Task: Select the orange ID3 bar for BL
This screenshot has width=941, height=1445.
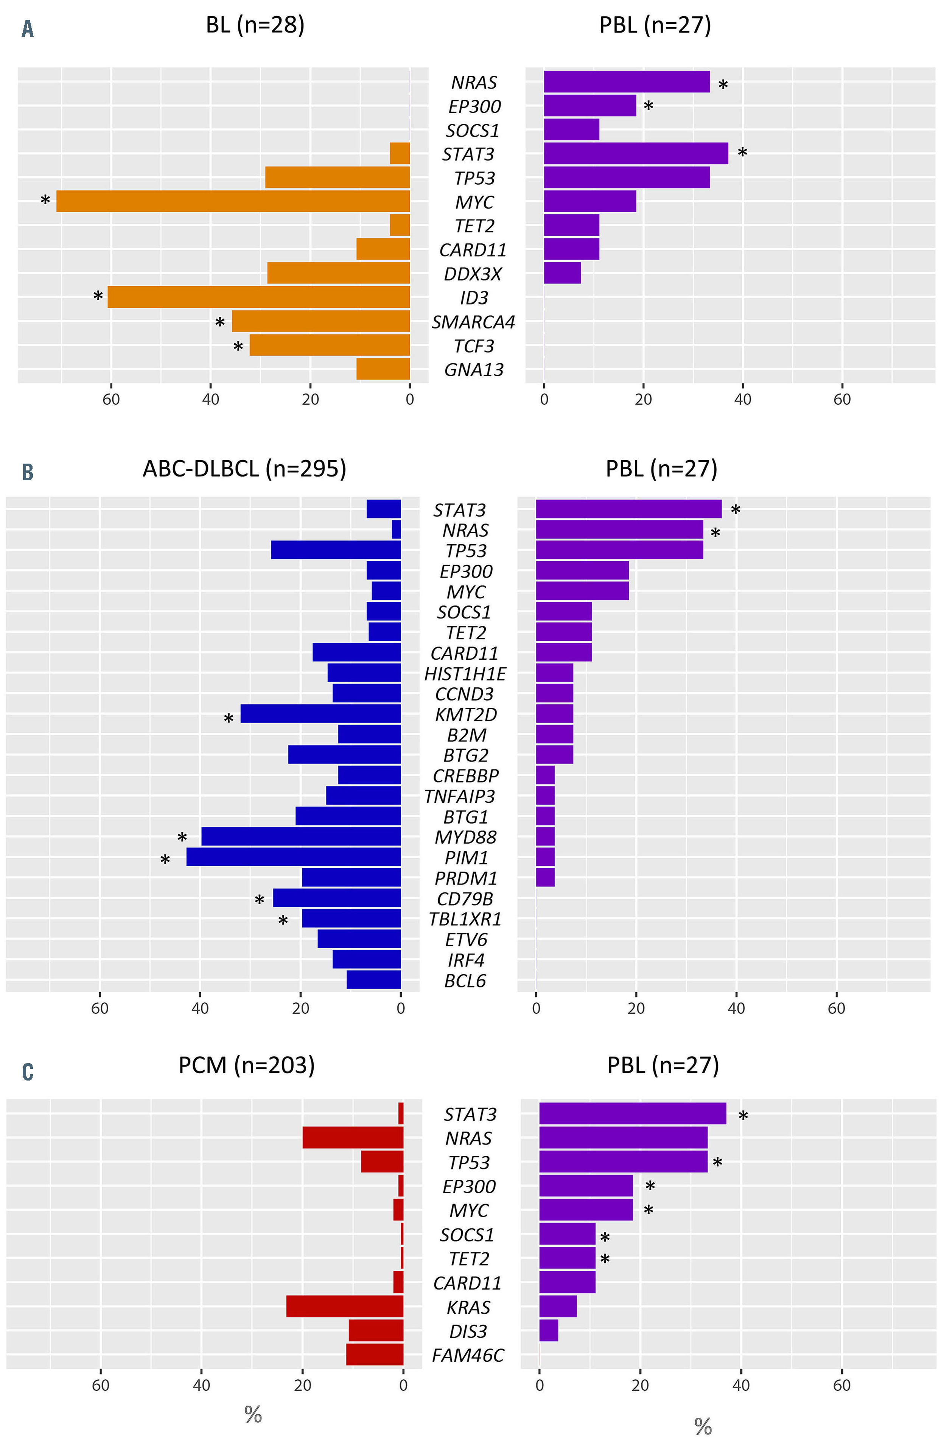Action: coord(259,297)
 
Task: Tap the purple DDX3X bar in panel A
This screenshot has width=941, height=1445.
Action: coord(562,273)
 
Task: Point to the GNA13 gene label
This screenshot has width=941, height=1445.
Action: coord(474,370)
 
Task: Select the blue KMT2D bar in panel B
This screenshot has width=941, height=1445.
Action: coord(320,714)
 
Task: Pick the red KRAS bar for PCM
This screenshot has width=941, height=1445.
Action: coord(345,1306)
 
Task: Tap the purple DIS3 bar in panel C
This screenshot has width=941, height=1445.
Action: coord(549,1331)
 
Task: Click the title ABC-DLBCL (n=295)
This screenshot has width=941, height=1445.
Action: coord(244,469)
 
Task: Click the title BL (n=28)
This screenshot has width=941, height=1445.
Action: coord(255,25)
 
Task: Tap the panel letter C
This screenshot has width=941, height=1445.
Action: coord(27,1073)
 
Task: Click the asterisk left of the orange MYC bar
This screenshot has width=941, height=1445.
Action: coord(45,200)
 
